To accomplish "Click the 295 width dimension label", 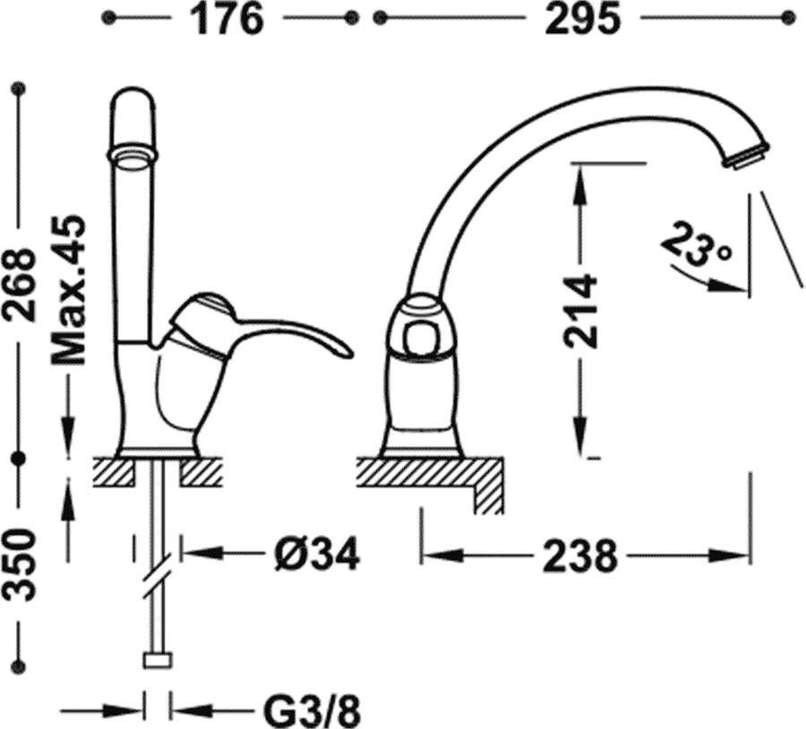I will (x=582, y=18).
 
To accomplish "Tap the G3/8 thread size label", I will (x=312, y=712).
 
